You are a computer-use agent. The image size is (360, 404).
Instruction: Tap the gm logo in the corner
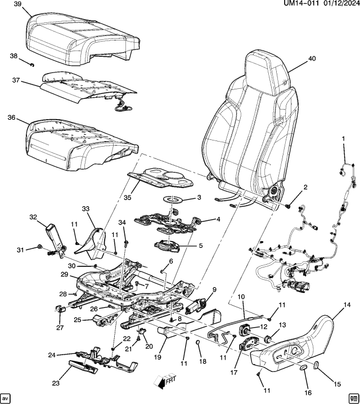(353, 397)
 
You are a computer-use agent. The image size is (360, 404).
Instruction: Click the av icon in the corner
(7, 397)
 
